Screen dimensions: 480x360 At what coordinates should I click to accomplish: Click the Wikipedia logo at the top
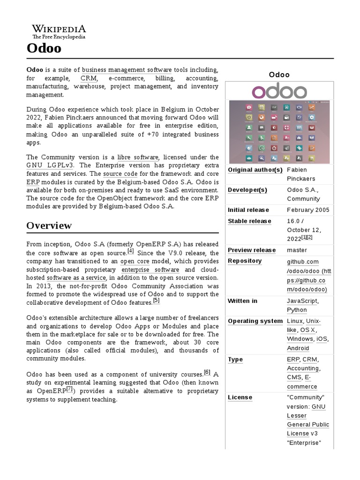[59, 31]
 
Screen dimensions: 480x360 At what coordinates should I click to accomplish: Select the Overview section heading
[49, 225]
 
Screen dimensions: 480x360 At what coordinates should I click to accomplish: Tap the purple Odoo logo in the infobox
[279, 91]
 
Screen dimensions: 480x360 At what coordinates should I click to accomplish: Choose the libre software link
[138, 157]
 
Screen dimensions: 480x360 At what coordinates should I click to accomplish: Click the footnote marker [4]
[131, 251]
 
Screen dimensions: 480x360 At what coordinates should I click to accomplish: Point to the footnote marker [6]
[207, 372]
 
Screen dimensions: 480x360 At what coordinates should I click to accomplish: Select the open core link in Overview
[135, 261]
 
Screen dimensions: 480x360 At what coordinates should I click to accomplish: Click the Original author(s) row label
[255, 170]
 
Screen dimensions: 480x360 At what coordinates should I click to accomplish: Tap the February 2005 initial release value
[308, 210]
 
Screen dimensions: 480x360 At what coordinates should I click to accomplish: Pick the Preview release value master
[297, 250]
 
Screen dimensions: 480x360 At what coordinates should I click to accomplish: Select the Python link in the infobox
[297, 310]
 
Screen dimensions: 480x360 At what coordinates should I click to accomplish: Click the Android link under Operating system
[298, 348]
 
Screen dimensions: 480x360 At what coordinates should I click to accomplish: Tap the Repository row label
[245, 261]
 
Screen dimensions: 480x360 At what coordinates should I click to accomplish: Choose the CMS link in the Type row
[294, 377]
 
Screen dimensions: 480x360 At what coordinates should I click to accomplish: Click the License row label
[240, 397]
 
